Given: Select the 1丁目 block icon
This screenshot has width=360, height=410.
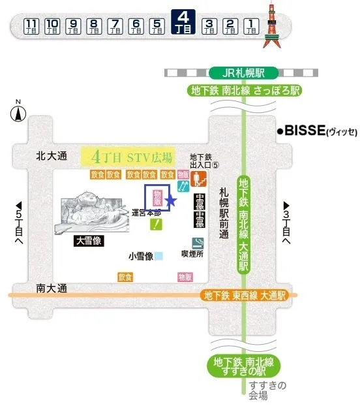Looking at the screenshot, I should [x=251, y=26].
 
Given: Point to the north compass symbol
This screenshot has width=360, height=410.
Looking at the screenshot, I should [x=18, y=114].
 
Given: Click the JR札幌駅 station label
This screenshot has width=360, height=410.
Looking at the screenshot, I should [x=244, y=72].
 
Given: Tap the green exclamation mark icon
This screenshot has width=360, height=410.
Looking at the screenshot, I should [x=157, y=225].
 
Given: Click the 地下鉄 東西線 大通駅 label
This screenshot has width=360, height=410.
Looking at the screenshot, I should [x=245, y=296].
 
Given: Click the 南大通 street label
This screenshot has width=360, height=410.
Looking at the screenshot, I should [x=52, y=287].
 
